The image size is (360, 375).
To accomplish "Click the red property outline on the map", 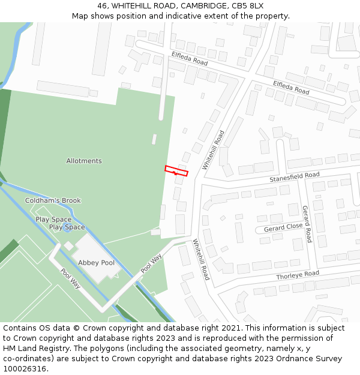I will (x=176, y=171).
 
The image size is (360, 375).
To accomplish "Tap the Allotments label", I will (x=84, y=161).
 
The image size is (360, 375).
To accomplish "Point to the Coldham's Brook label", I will (x=53, y=200).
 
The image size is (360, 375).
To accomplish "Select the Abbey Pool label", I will (x=96, y=263).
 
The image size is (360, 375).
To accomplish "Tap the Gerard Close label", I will (x=283, y=227).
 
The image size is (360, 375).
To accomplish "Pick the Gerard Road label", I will (x=307, y=223).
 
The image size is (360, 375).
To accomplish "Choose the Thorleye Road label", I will (x=298, y=275).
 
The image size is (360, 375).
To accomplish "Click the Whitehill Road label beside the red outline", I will (x=213, y=150).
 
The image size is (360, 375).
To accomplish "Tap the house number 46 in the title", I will (x=103, y=5).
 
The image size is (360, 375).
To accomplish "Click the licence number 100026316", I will (x=23, y=368).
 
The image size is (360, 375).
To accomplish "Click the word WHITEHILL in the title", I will (x=131, y=5).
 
